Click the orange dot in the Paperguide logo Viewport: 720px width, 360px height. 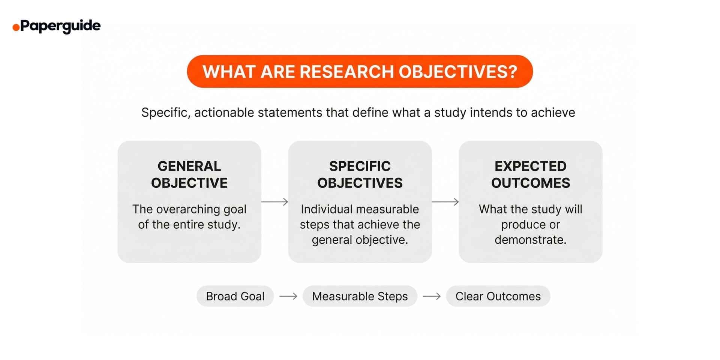[16, 27]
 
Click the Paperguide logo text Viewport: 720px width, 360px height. [60, 26]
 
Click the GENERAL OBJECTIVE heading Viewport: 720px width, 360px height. [189, 174]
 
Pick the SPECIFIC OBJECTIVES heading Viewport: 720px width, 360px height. [360, 174]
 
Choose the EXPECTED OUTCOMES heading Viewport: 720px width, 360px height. [530, 174]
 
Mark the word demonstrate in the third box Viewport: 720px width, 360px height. [530, 240]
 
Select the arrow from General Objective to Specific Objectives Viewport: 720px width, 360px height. [274, 202]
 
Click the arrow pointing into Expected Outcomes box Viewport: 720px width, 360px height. [445, 202]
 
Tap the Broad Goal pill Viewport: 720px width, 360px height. [235, 296]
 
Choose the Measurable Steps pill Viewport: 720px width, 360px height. [360, 296]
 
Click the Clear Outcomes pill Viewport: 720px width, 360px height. [498, 296]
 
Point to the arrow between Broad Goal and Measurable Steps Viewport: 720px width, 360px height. [288, 296]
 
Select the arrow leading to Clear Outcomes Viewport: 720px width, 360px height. [432, 296]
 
